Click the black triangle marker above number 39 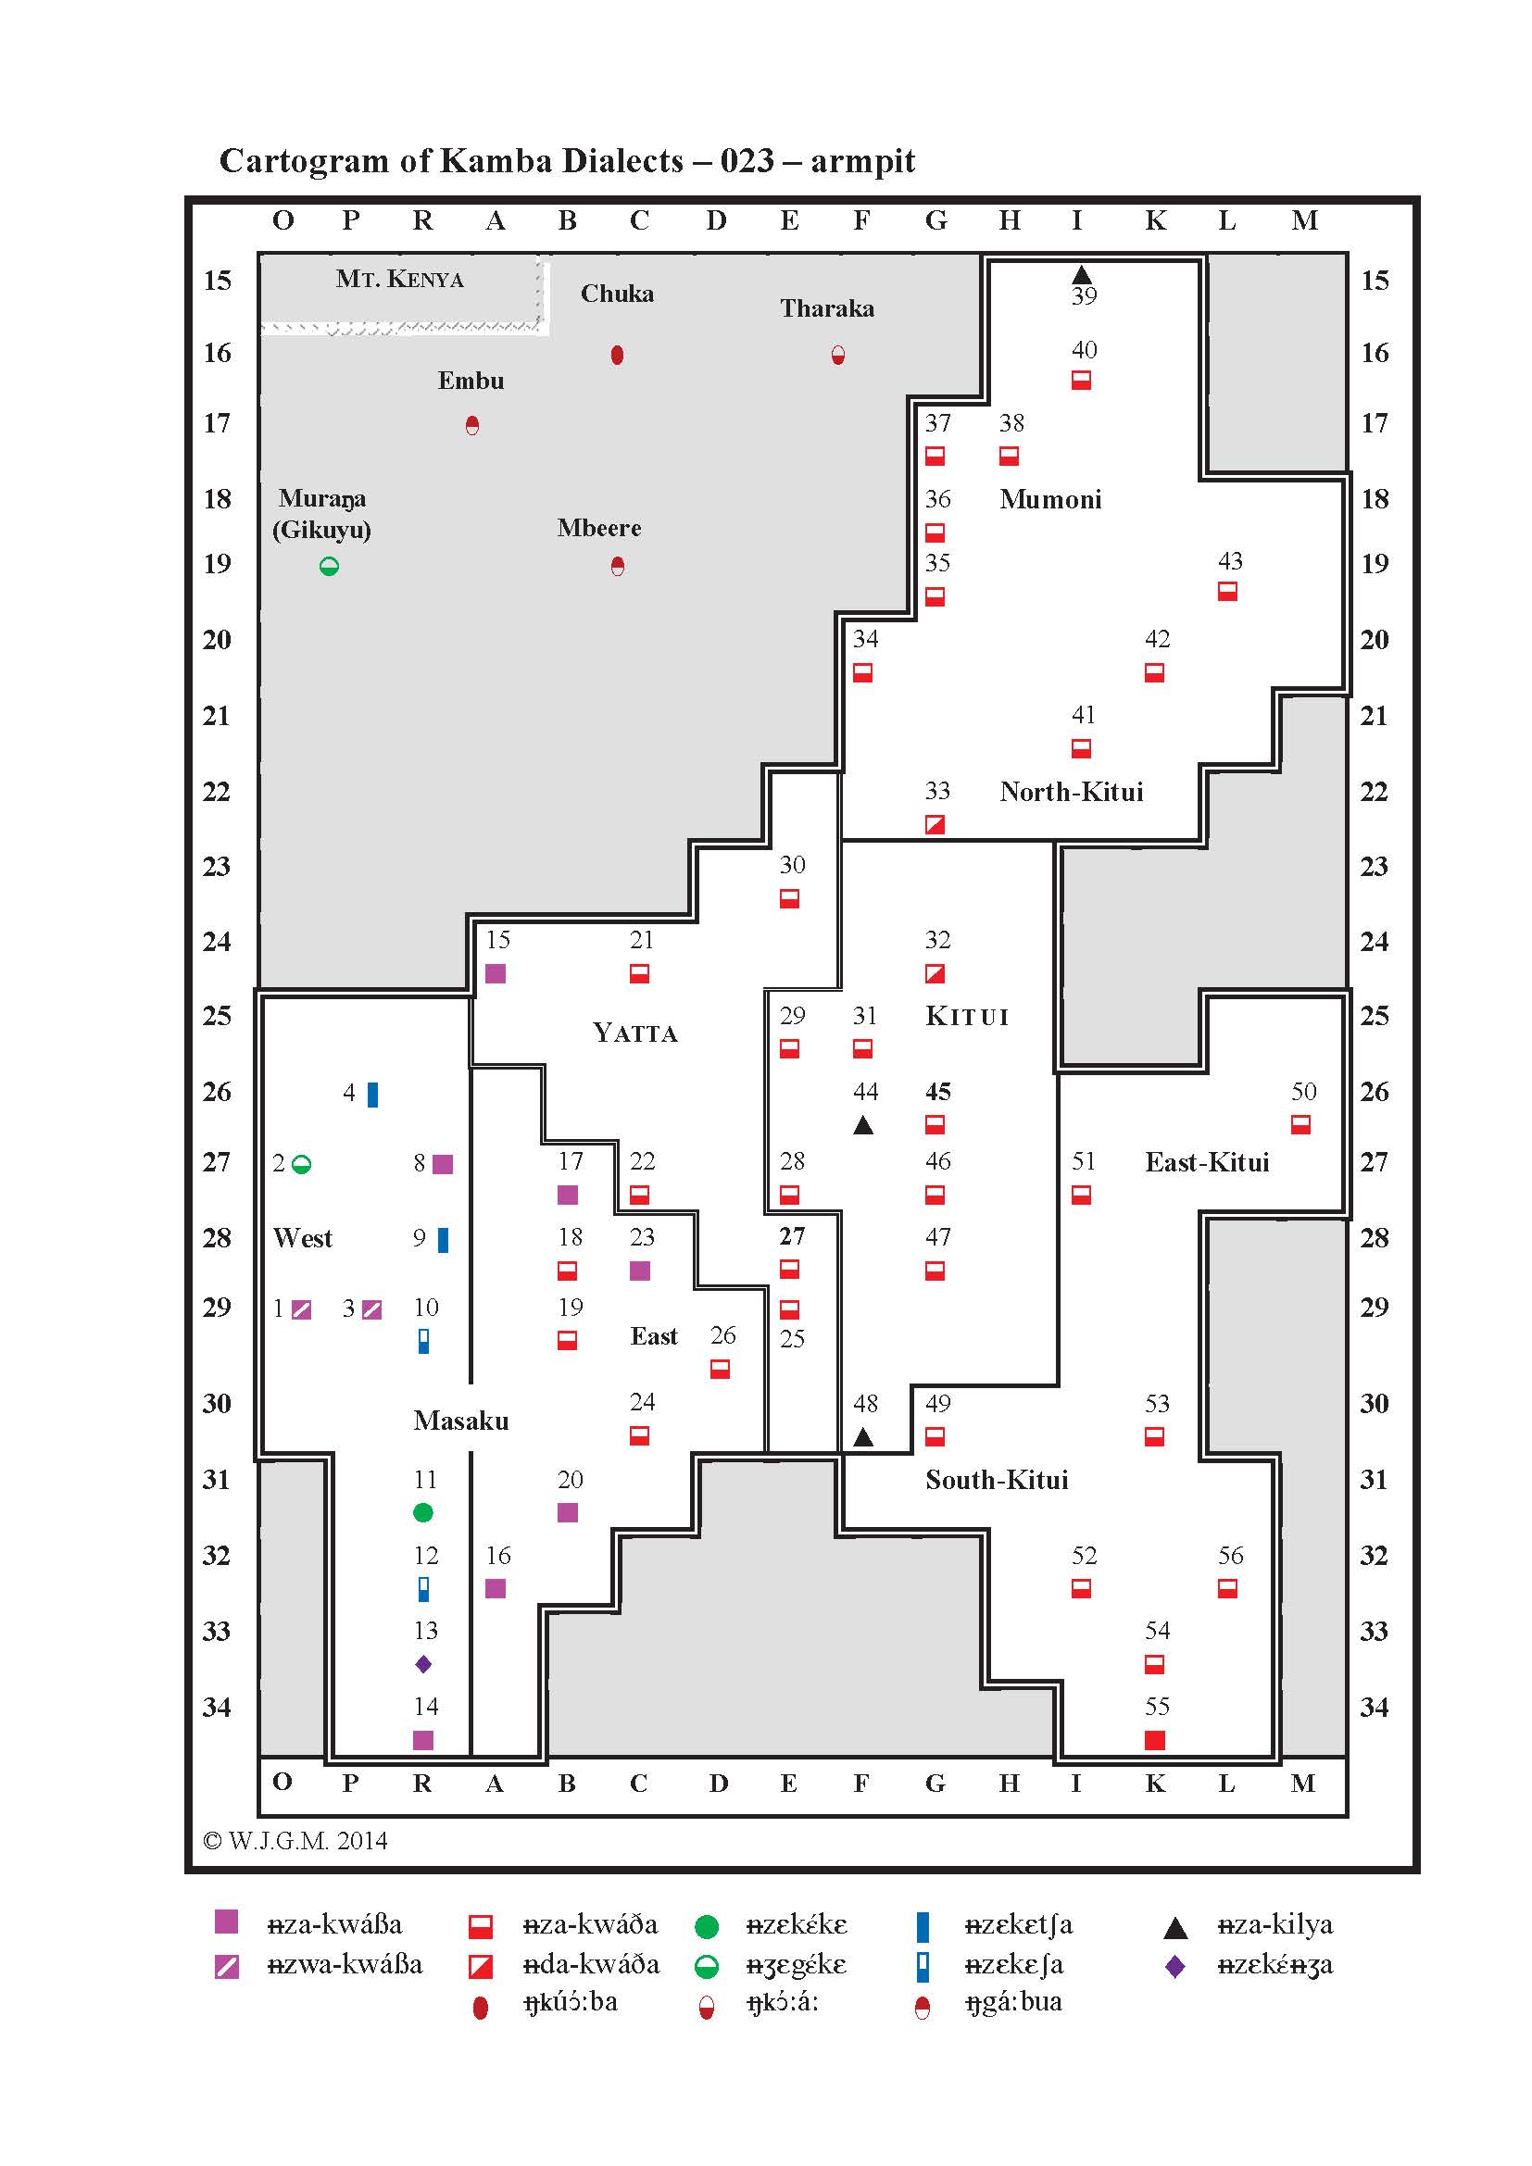(x=1082, y=274)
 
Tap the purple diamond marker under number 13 (x=423, y=1664)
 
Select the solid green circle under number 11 (x=423, y=1512)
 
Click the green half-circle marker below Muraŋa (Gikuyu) (x=329, y=566)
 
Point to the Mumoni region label (x=1050, y=499)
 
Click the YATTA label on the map (x=634, y=1033)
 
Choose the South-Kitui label (x=997, y=1479)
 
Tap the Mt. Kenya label (x=399, y=279)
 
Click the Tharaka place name (x=826, y=308)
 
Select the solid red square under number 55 (x=1155, y=1740)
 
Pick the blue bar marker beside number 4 (x=372, y=1095)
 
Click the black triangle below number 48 (x=863, y=1437)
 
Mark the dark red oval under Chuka (x=617, y=355)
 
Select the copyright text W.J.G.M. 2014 (x=295, y=1841)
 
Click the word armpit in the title (x=862, y=160)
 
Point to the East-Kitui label (x=1207, y=1162)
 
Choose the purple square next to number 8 (x=443, y=1164)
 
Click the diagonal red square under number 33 (x=935, y=824)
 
